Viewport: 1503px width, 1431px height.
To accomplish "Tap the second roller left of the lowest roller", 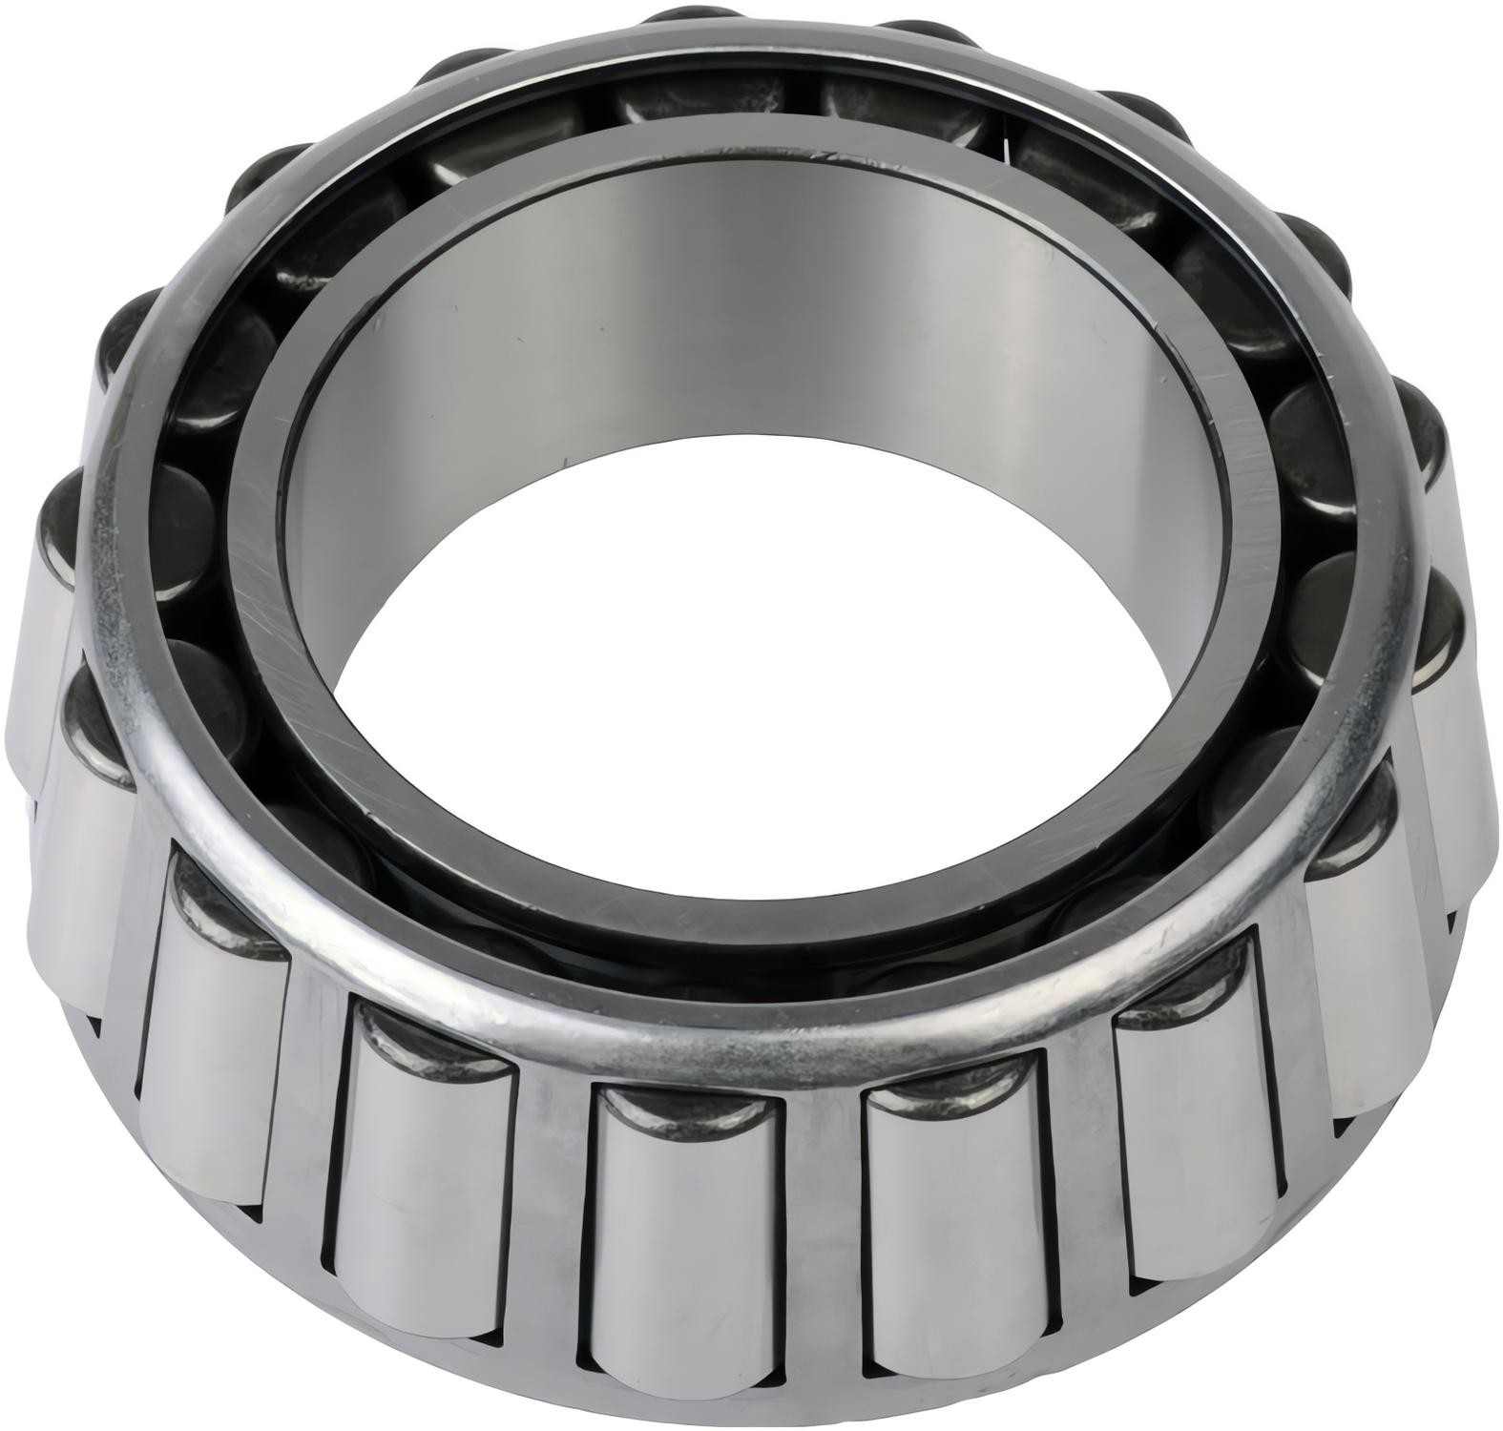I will coord(210,1040).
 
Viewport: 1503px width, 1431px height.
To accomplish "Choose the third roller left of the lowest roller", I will coord(81,859).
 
